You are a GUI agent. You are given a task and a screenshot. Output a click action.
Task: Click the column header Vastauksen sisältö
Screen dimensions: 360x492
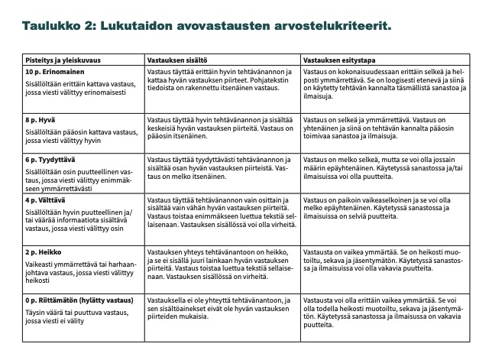click(180, 59)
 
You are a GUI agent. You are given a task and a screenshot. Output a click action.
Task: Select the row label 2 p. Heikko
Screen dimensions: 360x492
click(39, 251)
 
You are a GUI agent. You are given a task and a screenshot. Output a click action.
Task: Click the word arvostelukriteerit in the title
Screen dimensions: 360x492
click(328, 27)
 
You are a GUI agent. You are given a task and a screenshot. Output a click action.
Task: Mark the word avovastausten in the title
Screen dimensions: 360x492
click(220, 27)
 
